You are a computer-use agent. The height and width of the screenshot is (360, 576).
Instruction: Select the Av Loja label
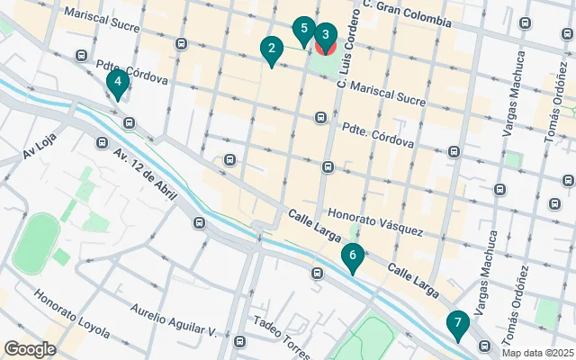(x=40, y=154)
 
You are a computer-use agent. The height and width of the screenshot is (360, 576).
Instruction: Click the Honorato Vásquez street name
(x=374, y=222)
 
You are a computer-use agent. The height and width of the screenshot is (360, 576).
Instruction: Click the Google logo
(x=30, y=349)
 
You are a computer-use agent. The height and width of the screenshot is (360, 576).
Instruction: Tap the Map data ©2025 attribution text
(x=536, y=353)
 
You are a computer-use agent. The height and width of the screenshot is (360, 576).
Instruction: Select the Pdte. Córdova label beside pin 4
(x=131, y=71)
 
